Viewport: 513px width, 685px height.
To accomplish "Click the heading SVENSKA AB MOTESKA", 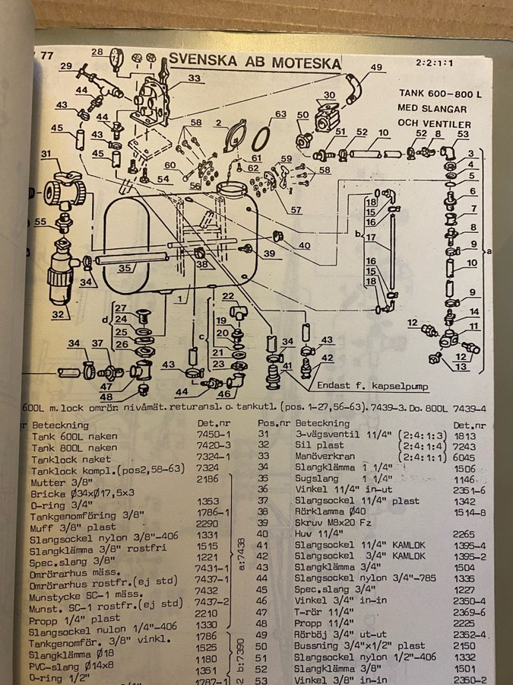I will (x=255, y=61).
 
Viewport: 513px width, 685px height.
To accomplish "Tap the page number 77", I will (x=46, y=55).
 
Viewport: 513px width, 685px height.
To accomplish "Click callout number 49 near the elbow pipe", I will (x=376, y=67).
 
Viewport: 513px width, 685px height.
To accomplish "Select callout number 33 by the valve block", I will (x=174, y=78).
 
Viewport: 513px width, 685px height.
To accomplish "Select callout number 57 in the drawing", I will (x=296, y=209).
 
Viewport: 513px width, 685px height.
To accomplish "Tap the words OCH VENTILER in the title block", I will (x=434, y=123).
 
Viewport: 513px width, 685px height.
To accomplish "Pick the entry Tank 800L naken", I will (x=74, y=449).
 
